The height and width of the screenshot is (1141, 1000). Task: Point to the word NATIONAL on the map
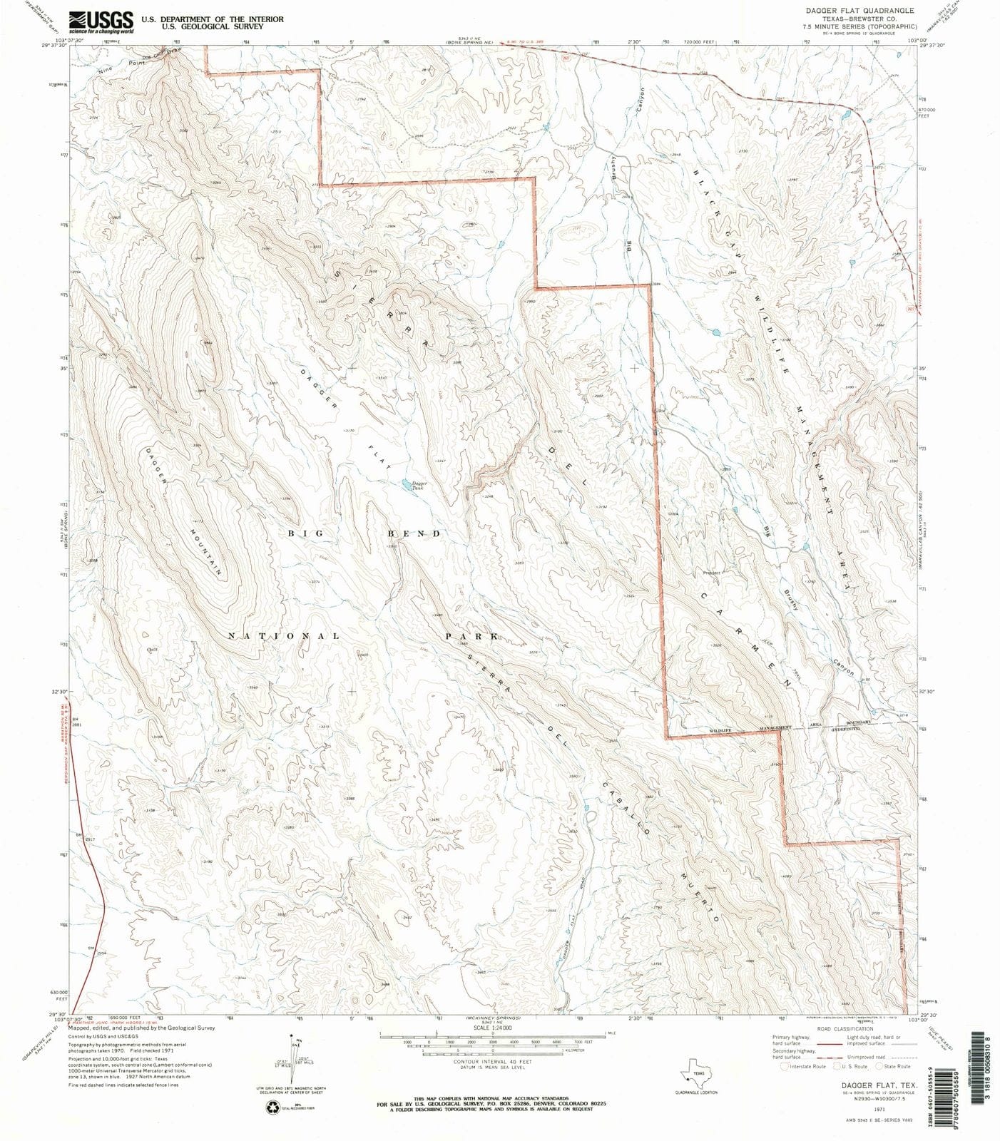pos(284,635)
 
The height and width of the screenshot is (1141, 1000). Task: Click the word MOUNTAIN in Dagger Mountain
pos(207,552)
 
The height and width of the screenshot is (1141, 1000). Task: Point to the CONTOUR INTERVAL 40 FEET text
pos(492,1061)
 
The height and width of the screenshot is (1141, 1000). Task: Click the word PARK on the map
pos(471,635)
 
